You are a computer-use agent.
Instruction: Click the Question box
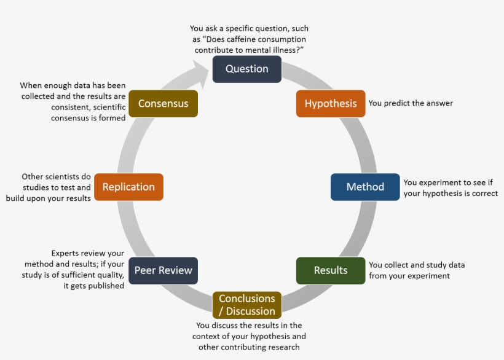[246, 69]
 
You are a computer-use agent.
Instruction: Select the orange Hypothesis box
[331, 103]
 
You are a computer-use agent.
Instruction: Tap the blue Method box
[365, 187]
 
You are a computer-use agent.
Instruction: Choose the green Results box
[331, 270]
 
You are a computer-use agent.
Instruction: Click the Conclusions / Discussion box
[246, 305]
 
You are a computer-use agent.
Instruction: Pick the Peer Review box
[163, 270]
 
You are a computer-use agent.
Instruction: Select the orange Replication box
[128, 187]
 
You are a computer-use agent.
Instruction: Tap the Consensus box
[163, 103]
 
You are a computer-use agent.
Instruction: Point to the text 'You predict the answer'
[411, 103]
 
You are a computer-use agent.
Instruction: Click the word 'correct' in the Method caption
[484, 193]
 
